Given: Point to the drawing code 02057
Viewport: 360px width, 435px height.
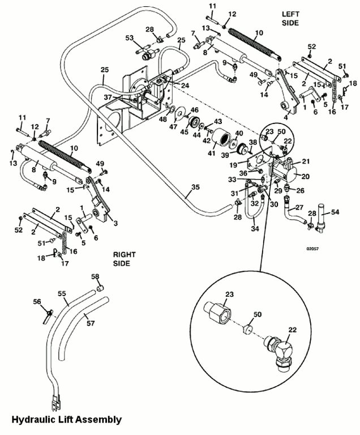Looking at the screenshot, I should pyautogui.click(x=312, y=248).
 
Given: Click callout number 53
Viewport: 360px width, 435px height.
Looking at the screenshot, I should pyautogui.click(x=129, y=38).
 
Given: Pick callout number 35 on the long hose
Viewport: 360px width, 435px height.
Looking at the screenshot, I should pyautogui.click(x=195, y=187).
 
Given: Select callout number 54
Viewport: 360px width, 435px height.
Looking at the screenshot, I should pyautogui.click(x=335, y=211).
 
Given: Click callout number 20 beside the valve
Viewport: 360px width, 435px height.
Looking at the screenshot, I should pyautogui.click(x=306, y=176).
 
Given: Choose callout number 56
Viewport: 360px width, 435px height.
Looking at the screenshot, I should pyautogui.click(x=37, y=302).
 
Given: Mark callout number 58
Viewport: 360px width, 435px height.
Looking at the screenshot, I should pyautogui.click(x=96, y=276).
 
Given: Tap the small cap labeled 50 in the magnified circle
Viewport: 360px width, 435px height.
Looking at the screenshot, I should pyautogui.click(x=247, y=330).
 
